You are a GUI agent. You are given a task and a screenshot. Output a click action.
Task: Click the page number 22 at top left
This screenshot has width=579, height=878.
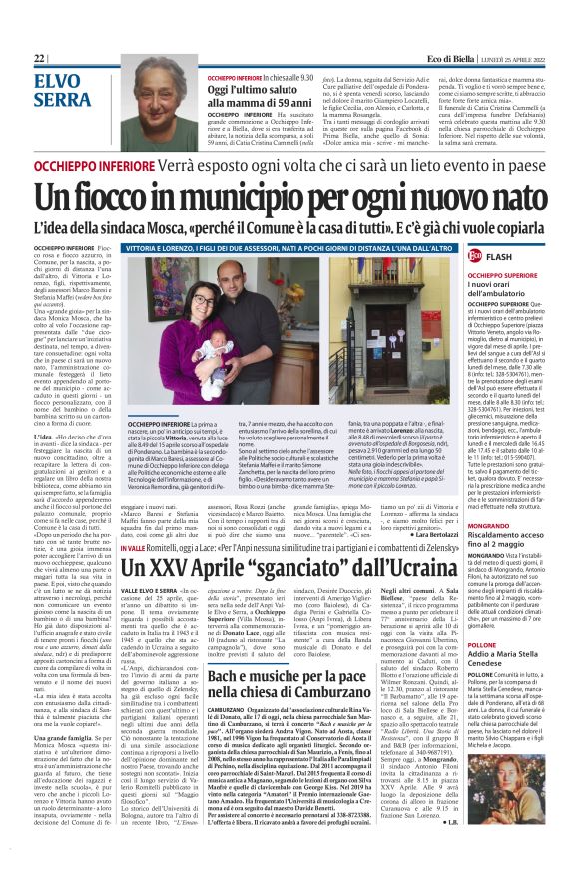click(39, 59)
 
